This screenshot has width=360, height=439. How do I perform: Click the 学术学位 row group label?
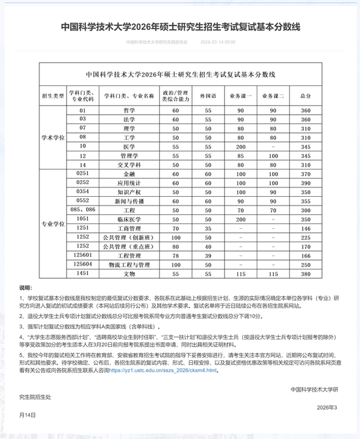[53, 137]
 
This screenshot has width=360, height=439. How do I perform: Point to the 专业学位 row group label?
[53, 224]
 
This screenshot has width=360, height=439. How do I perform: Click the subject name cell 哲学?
[129, 110]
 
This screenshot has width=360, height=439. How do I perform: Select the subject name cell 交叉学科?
[129, 164]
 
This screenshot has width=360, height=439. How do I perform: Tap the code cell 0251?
[83, 173]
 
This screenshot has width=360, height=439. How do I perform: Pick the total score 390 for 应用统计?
[306, 182]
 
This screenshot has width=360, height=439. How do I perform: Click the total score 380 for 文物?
[306, 274]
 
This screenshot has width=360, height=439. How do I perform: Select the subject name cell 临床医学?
[129, 219]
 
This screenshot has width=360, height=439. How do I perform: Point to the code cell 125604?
[83, 264]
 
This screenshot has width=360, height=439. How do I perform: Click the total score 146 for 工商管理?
[306, 228]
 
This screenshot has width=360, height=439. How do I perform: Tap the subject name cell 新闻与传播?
[129, 201]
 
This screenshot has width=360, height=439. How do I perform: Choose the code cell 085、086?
[83, 209]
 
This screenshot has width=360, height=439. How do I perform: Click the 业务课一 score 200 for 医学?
[241, 146]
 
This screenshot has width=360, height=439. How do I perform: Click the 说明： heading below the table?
[25, 287]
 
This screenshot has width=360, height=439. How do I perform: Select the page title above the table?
[180, 27]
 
